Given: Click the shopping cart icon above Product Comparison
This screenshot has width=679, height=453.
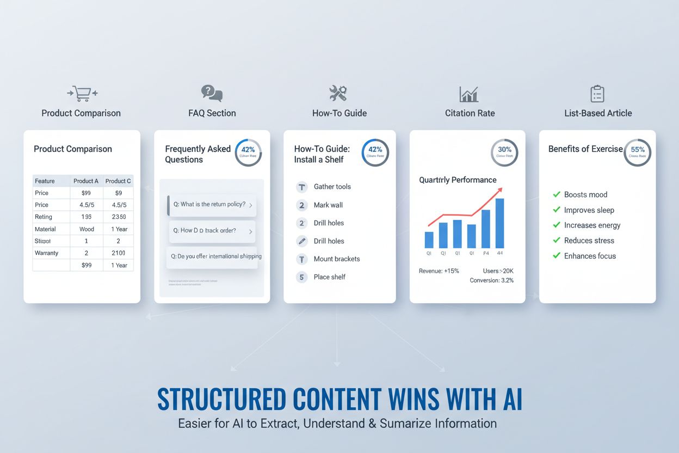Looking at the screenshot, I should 82,94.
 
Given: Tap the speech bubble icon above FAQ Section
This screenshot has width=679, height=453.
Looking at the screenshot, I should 212,93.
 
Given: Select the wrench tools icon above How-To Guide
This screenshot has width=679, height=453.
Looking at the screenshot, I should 338,93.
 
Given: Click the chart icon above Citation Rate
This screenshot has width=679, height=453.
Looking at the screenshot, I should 468,94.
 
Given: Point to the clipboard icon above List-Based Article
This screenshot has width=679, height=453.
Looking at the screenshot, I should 597,94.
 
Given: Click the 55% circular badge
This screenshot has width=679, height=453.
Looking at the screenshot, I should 637,152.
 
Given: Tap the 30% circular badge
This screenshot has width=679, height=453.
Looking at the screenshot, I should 504,152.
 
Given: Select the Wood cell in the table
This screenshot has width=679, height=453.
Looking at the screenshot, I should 87,229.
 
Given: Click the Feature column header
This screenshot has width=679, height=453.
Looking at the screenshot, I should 45,181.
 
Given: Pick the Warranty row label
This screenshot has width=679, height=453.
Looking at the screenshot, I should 46,253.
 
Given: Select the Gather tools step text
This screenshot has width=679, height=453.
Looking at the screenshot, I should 332,187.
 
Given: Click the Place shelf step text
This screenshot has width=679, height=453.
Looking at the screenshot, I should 330,277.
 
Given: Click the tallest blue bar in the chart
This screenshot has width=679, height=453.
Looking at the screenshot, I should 499,223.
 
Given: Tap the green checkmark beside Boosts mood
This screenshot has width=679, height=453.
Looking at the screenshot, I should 557,194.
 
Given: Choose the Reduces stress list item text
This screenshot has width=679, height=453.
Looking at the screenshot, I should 589,241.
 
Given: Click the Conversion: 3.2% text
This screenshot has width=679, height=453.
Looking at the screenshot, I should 491,280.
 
